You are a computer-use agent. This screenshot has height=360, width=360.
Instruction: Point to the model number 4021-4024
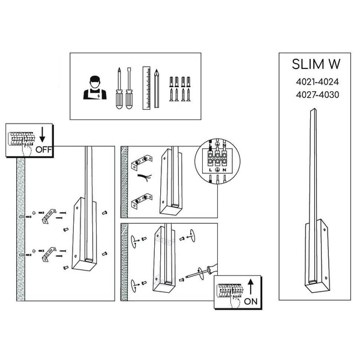click(314, 82)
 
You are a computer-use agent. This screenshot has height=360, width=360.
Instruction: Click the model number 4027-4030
click(314, 94)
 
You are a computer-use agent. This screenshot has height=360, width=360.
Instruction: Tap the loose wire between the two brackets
click(144, 178)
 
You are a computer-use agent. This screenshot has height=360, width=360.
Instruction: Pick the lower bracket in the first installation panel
click(47, 254)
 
